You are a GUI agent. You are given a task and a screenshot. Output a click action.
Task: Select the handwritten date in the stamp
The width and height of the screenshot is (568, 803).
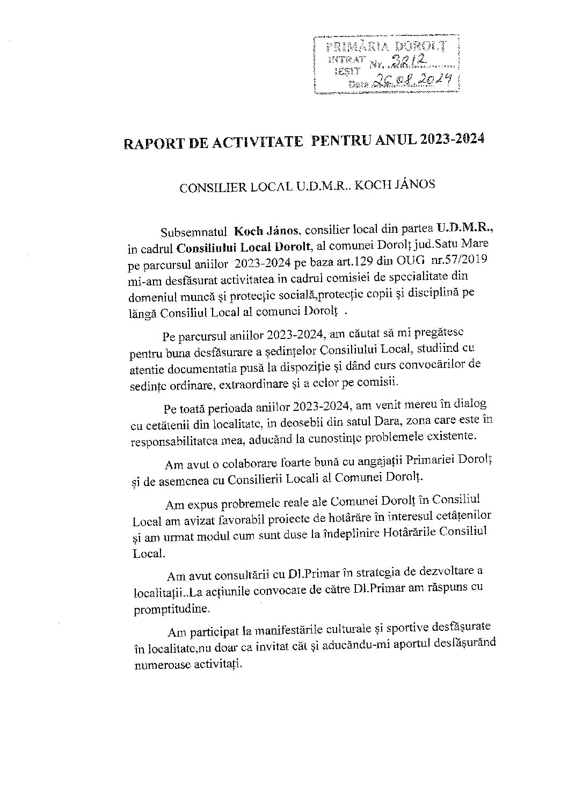(x=412, y=81)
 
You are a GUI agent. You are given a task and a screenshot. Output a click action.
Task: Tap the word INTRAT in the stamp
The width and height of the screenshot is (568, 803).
(x=347, y=58)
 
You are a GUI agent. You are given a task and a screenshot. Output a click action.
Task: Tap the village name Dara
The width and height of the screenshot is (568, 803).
(x=317, y=424)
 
